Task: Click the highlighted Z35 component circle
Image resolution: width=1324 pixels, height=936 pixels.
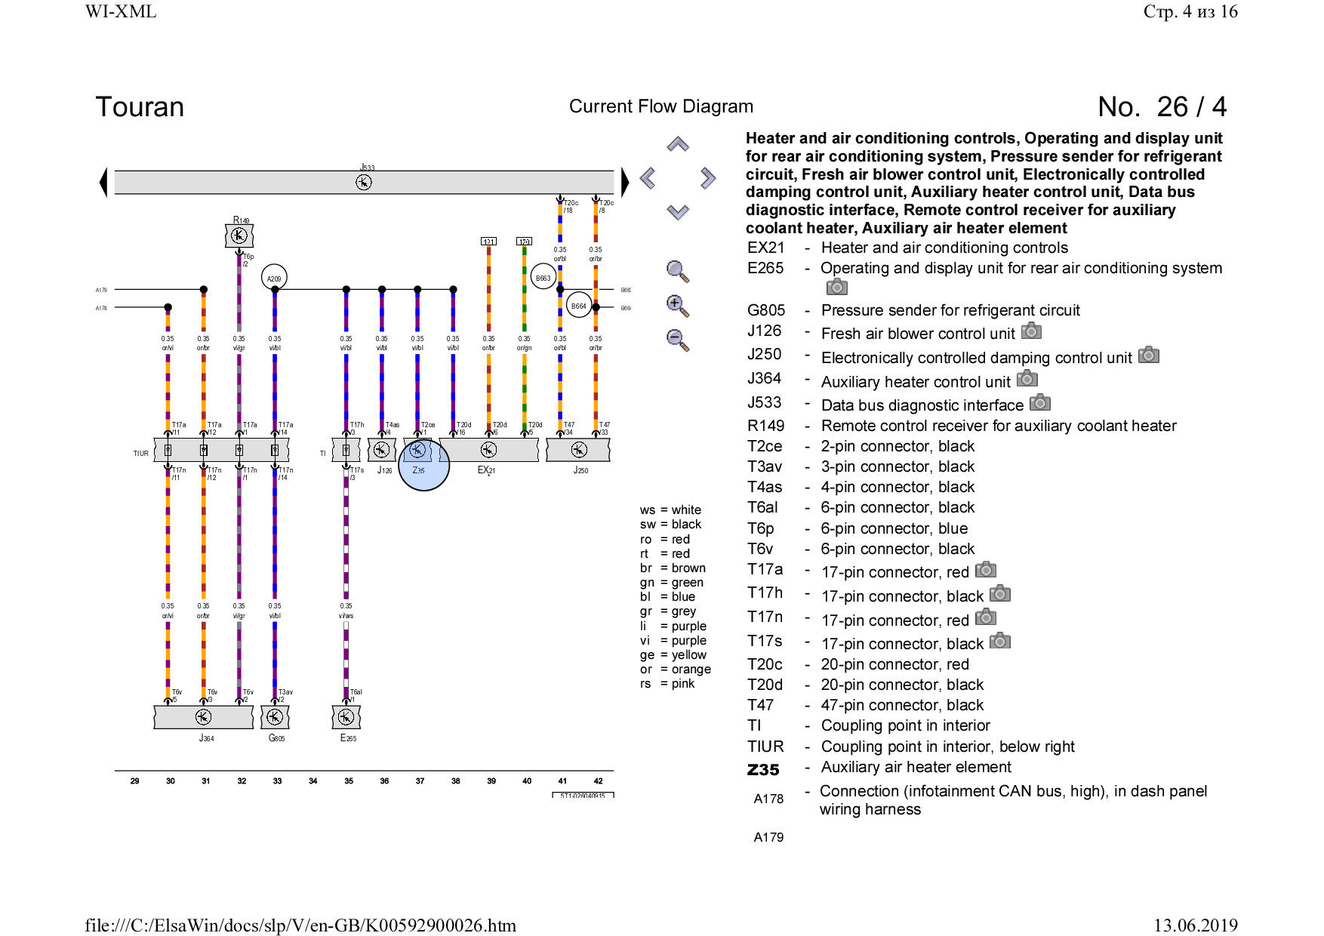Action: [423, 463]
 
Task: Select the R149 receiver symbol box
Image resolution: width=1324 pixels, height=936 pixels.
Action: [239, 236]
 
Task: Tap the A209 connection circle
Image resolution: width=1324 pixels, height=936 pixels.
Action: [274, 278]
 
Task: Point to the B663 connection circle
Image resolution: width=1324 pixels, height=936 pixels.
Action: [543, 278]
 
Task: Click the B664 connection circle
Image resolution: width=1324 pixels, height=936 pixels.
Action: [578, 305]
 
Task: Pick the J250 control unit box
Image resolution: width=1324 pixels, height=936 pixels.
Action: [578, 450]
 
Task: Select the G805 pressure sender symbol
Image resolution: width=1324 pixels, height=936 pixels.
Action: [275, 717]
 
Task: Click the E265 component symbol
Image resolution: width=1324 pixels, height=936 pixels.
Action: [346, 717]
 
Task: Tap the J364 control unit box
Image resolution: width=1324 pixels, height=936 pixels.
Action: [203, 717]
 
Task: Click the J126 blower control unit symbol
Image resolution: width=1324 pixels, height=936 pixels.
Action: [382, 450]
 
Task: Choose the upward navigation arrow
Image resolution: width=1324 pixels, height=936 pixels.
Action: [678, 144]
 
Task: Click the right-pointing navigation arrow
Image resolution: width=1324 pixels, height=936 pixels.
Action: [707, 178]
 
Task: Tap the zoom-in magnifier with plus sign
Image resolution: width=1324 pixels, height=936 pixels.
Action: [677, 306]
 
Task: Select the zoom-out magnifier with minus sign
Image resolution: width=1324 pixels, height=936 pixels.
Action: [677, 340]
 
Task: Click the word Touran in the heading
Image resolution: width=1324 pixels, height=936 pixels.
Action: [140, 107]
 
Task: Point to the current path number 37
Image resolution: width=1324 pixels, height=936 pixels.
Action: [420, 781]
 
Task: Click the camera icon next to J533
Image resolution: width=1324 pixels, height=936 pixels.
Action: [1040, 403]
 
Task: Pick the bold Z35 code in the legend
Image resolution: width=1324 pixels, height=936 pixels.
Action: [763, 770]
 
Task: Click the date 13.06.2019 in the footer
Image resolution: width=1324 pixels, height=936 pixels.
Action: [1195, 925]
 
